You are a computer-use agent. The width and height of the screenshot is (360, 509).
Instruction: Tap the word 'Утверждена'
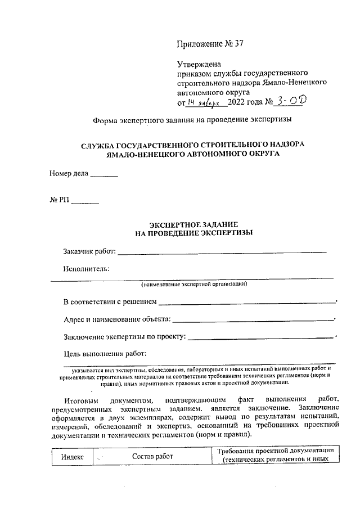point(199,64)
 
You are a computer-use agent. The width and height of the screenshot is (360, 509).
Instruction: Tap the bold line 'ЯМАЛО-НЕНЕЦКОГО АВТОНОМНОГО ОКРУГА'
point(192,153)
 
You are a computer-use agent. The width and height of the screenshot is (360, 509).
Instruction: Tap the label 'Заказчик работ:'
point(89,251)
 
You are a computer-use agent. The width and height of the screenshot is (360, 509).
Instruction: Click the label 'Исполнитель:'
point(86,268)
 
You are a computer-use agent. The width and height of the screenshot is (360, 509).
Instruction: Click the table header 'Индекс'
point(72,457)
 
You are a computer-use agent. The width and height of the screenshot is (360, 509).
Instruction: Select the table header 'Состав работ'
point(152,457)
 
